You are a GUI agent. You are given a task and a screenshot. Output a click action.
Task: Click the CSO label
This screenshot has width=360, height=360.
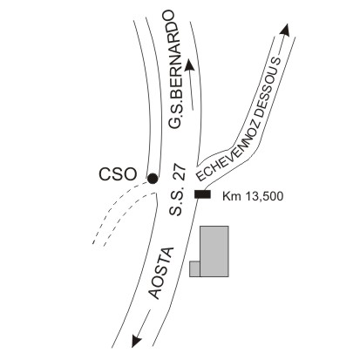click(118, 174)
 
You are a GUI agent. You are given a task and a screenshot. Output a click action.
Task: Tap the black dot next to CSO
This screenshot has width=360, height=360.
click(153, 179)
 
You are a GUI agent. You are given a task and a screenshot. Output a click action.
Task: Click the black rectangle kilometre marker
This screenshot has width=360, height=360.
click(202, 194)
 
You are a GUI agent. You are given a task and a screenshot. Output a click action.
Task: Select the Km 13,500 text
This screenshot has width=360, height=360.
click(253, 196)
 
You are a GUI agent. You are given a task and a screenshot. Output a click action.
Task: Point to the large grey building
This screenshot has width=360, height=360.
click(214, 251)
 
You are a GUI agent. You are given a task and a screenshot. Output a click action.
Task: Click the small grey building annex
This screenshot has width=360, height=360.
click(194, 268)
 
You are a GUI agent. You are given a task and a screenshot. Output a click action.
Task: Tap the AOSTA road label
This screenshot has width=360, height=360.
click(161, 273)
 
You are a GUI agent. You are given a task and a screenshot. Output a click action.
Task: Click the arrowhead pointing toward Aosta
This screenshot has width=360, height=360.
click(136, 341)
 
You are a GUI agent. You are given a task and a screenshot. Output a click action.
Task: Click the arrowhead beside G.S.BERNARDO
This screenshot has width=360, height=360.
click(189, 65)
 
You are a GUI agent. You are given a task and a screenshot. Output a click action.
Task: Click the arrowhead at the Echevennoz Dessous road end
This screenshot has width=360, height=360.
click(286, 30)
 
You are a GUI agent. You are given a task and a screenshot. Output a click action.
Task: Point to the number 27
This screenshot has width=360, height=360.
click(179, 173)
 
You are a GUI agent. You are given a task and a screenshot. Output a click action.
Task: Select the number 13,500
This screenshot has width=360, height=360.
click(264, 196)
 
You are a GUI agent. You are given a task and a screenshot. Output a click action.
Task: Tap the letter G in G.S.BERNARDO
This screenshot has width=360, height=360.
click(174, 122)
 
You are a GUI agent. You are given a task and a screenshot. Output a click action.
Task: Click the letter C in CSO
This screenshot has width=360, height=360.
click(105, 174)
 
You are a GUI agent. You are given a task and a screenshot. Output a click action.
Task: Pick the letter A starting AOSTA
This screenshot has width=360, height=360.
click(155, 294)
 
